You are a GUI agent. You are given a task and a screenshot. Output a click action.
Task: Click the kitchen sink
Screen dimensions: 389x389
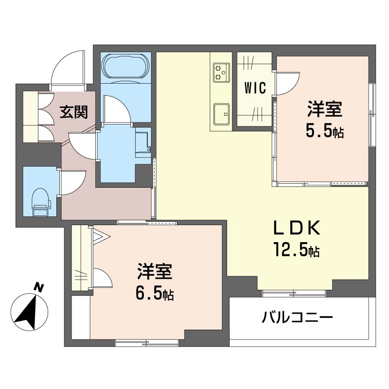[x=222, y=113]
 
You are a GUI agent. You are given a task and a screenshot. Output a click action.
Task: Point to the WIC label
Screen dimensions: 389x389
[x=254, y=88]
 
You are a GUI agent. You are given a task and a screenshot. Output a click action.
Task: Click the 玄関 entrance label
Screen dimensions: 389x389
[x=74, y=112]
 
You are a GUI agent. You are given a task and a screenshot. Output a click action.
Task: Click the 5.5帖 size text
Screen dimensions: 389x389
[x=324, y=132]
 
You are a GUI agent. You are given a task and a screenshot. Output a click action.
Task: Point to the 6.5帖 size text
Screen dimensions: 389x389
[x=155, y=294]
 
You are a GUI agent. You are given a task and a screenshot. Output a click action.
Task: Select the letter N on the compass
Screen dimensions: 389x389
[x=38, y=288]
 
